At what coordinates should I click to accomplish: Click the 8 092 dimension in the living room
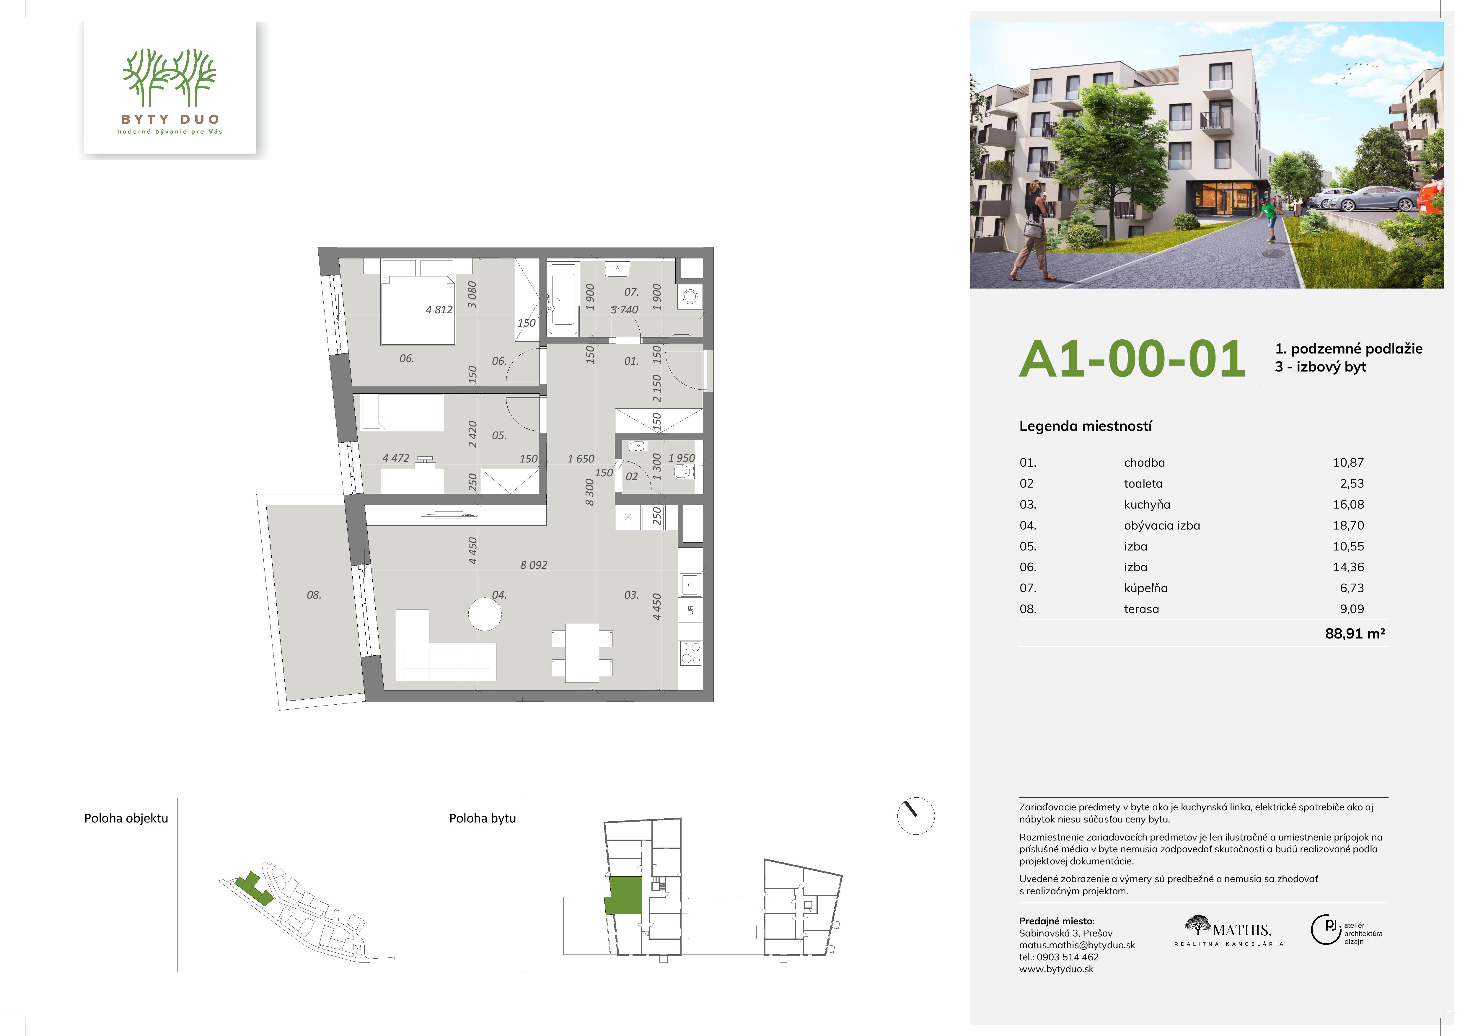point(533,565)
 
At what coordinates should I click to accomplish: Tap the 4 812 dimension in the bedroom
point(439,310)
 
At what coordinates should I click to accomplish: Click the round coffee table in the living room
point(485,614)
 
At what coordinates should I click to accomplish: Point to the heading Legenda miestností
point(1085,426)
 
